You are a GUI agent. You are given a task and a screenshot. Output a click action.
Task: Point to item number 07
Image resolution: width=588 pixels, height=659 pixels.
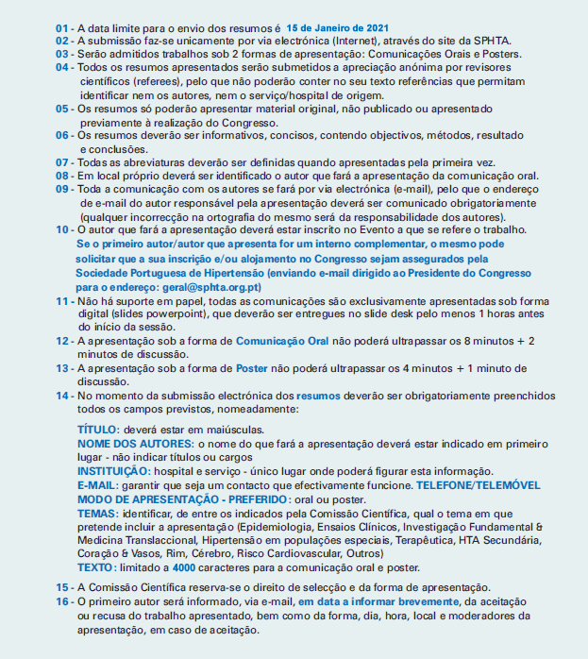pyautogui.click(x=62, y=162)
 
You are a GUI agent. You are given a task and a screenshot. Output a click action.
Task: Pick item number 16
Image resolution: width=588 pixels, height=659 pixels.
pyautogui.click(x=62, y=601)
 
